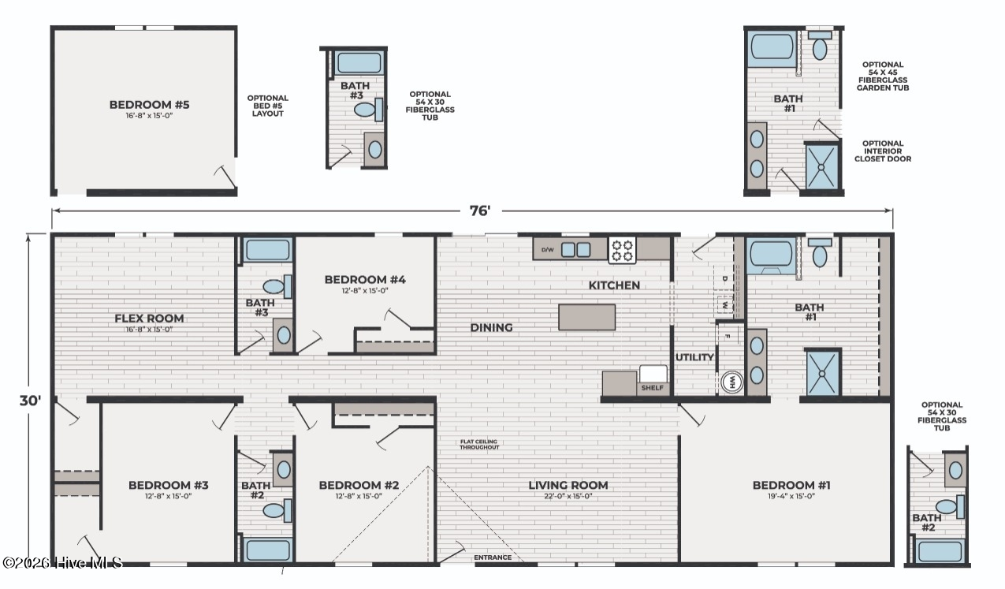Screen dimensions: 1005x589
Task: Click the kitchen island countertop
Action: pyautogui.click(x=587, y=317)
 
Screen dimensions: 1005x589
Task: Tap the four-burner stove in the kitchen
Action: pyautogui.click(x=622, y=251)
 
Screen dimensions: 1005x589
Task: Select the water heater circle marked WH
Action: pyautogui.click(x=732, y=382)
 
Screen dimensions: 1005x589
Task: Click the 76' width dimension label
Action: pyautogui.click(x=480, y=211)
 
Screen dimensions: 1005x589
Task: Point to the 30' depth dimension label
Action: pyautogui.click(x=30, y=401)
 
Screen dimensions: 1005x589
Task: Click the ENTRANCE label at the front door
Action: pyautogui.click(x=493, y=557)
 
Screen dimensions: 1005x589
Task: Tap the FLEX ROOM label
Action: pyautogui.click(x=149, y=319)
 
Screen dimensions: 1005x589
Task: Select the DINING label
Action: pyautogui.click(x=491, y=328)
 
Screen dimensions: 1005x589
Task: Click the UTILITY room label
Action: pyautogui.click(x=694, y=357)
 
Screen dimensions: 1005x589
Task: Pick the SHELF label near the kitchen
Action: pyautogui.click(x=653, y=387)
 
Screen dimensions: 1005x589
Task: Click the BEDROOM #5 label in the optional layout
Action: pyautogui.click(x=150, y=105)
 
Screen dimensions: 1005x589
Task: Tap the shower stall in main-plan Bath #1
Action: pyautogui.click(x=822, y=373)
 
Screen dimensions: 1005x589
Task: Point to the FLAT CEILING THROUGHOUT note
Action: pyautogui.click(x=479, y=445)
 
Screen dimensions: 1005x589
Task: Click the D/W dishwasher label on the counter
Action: pyautogui.click(x=547, y=250)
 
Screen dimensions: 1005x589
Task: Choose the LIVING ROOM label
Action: pyautogui.click(x=568, y=485)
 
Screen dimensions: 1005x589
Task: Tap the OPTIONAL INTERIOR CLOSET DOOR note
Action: pyautogui.click(x=883, y=151)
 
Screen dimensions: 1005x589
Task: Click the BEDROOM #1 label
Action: pyautogui.click(x=791, y=485)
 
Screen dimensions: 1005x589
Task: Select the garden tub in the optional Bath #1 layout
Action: pyautogui.click(x=772, y=48)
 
